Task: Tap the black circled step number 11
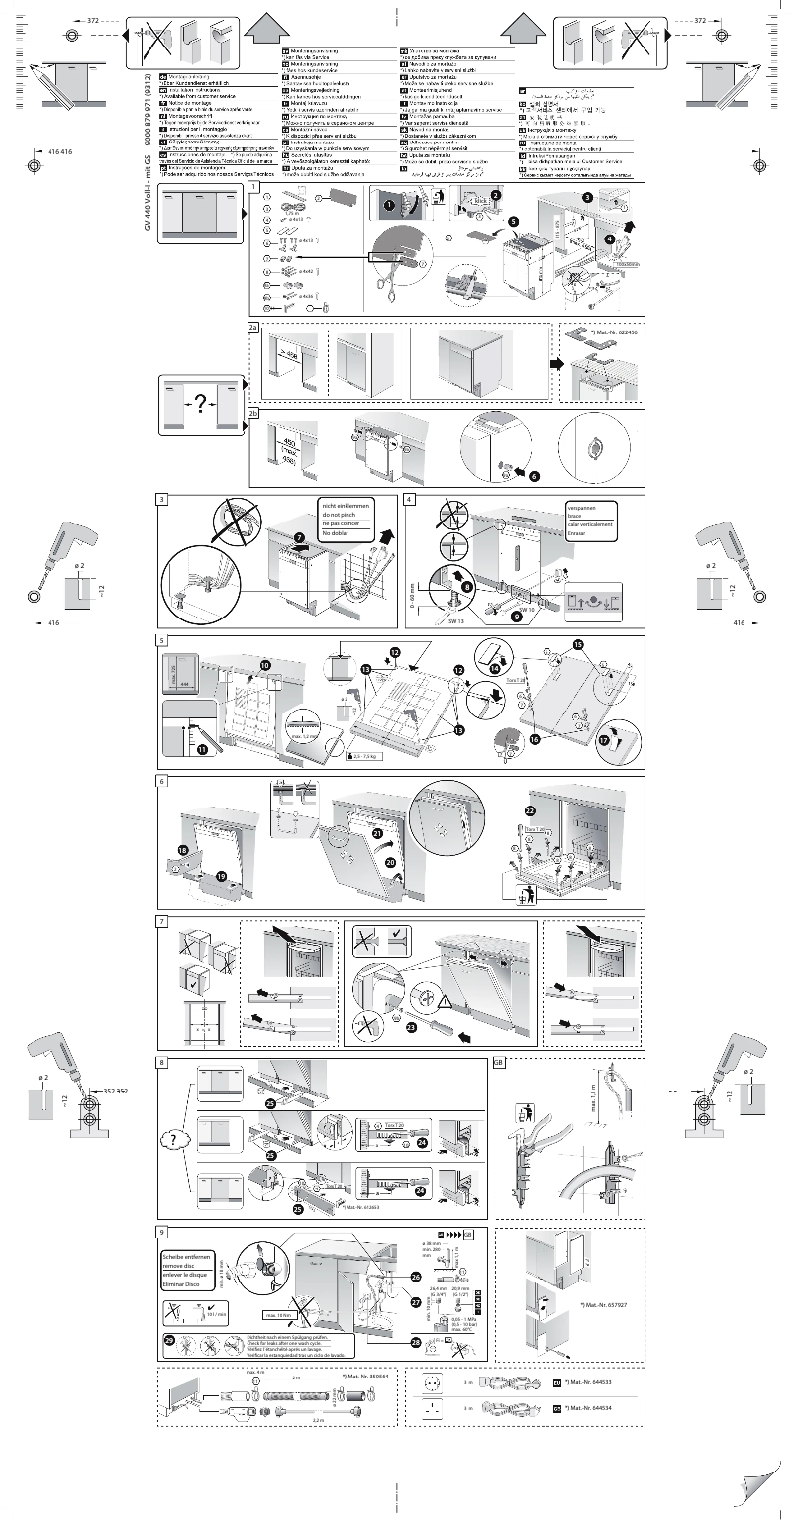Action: click(204, 751)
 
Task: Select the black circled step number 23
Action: click(411, 1027)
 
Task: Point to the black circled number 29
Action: click(169, 1340)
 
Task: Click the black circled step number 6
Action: click(534, 476)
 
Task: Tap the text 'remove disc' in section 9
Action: click(181, 1266)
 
